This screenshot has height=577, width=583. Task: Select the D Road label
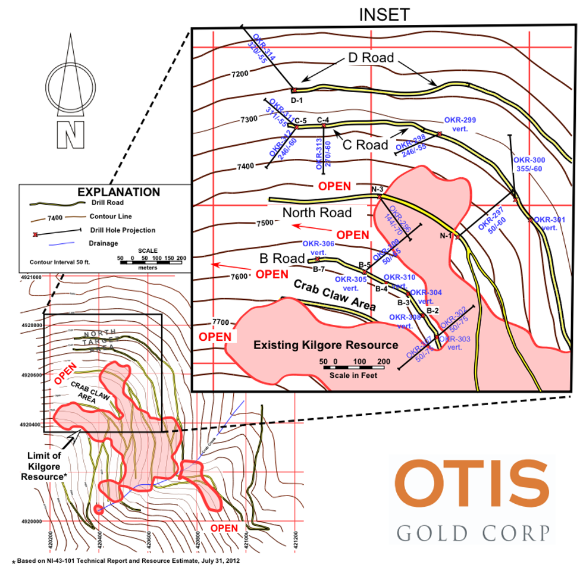[371, 58]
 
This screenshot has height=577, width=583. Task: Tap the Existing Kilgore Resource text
[325, 345]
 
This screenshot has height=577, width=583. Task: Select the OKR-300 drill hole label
[529, 164]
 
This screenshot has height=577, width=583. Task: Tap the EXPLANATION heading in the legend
[119, 192]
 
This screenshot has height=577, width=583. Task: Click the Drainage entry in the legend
[104, 243]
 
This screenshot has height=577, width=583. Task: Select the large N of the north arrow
[70, 135]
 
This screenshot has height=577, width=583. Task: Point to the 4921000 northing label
[32, 277]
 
